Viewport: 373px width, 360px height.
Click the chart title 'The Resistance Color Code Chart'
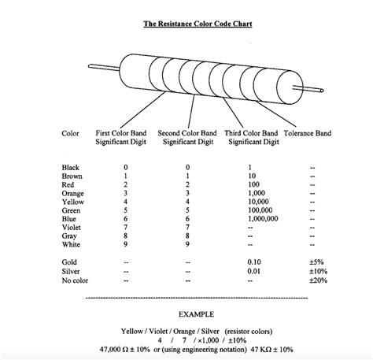[186, 24]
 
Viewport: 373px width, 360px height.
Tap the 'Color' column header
[70, 133]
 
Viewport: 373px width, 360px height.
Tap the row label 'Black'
[71, 167]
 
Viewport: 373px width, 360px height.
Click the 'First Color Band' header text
[122, 133]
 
